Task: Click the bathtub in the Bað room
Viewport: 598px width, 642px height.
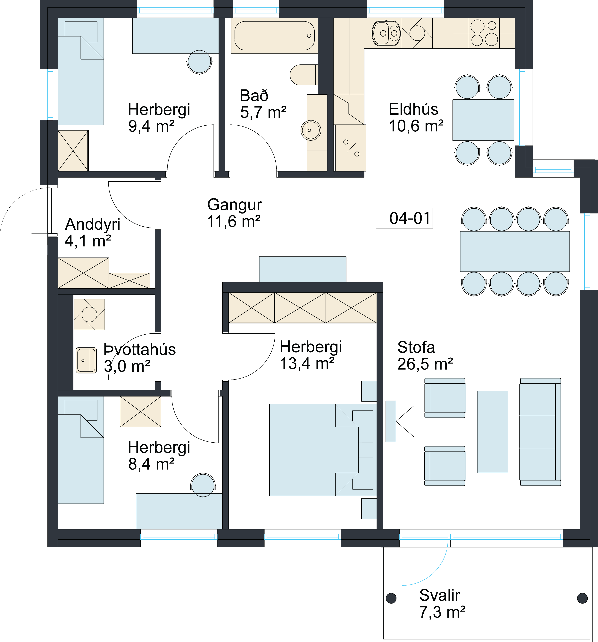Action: pyautogui.click(x=274, y=36)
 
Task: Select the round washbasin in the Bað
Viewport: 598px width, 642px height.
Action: pyautogui.click(x=311, y=130)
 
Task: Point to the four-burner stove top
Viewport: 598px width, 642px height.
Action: pyautogui.click(x=484, y=33)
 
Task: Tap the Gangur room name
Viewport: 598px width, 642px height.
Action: pyautogui.click(x=234, y=204)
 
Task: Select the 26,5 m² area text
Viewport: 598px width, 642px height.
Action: pyautogui.click(x=425, y=364)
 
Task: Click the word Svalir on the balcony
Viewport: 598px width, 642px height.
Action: pyautogui.click(x=439, y=595)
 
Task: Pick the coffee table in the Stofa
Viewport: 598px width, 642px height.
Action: pyautogui.click(x=492, y=432)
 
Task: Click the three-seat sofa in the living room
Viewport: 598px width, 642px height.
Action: pyautogui.click(x=540, y=432)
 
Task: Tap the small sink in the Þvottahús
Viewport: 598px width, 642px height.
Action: pyautogui.click(x=86, y=360)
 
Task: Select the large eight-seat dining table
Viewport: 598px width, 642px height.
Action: pyautogui.click(x=515, y=251)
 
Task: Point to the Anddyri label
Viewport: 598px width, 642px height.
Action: pyautogui.click(x=93, y=224)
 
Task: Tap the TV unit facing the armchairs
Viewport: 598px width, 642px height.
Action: pyautogui.click(x=391, y=421)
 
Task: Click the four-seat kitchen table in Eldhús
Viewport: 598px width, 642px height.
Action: pyautogui.click(x=483, y=120)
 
